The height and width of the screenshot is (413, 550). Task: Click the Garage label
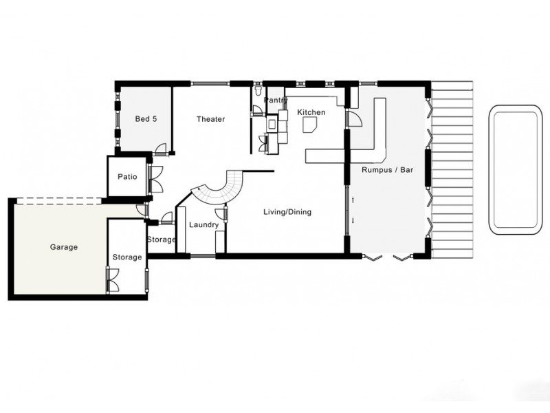coord(63,246)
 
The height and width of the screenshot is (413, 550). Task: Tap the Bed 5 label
coord(146,119)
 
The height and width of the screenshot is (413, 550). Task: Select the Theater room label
coord(210,119)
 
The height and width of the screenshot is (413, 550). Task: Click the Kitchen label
coord(311,112)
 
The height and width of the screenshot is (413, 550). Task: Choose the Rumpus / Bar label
coord(386,170)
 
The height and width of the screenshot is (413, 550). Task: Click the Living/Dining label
coord(287,212)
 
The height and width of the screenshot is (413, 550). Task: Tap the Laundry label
coord(203,225)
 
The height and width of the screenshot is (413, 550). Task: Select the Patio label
coord(127,177)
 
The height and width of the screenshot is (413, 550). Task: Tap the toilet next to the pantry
coord(256,92)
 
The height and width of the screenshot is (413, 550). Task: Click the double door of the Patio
coord(155,179)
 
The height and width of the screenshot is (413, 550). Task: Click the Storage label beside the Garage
coord(126,257)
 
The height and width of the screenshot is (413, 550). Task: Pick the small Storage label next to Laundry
coord(162,240)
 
